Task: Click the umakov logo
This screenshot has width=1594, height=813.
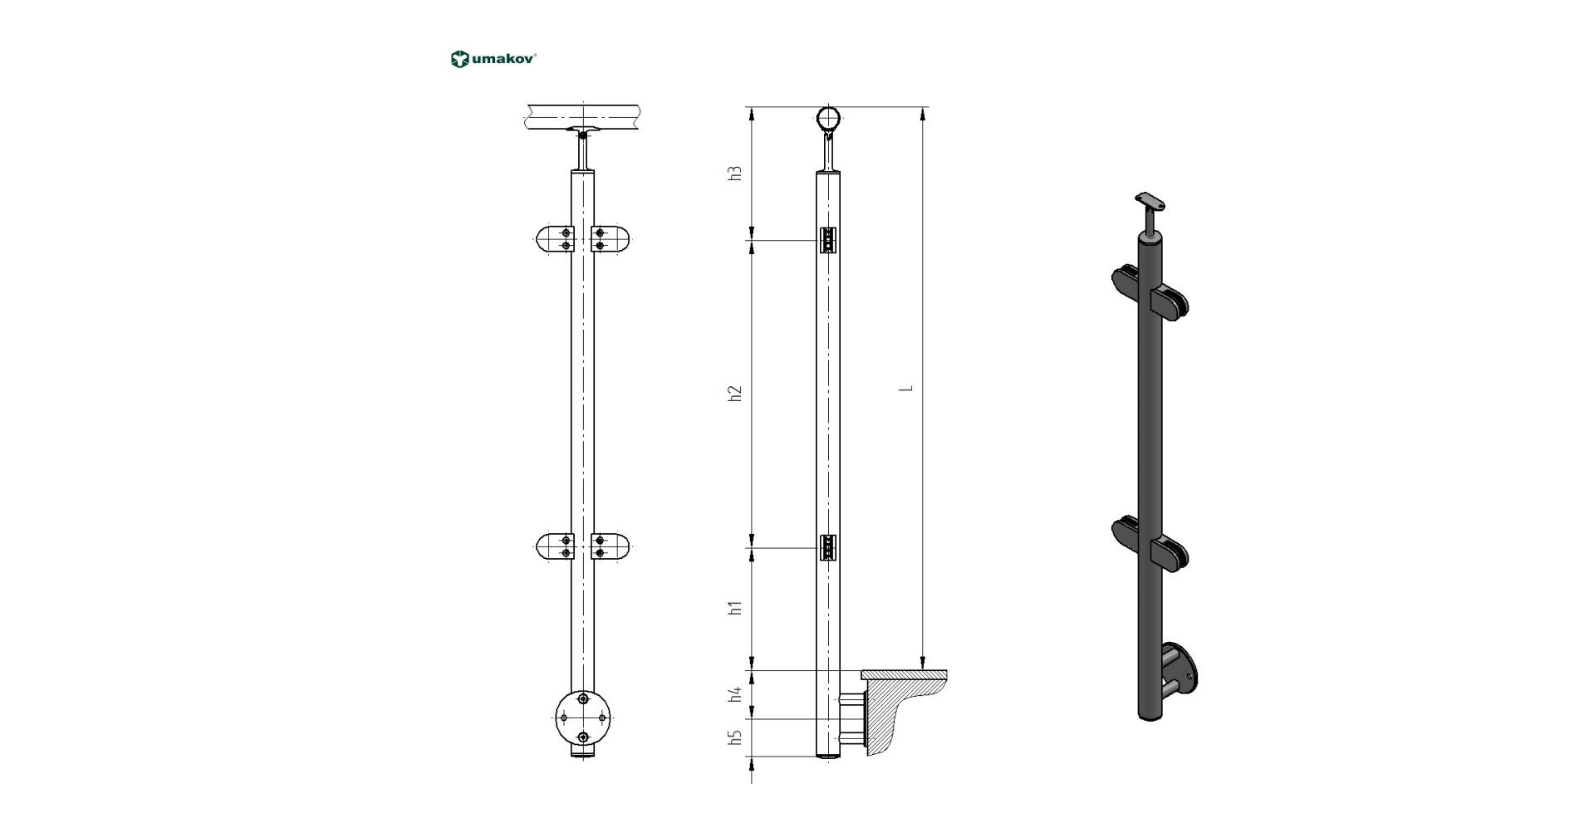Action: tap(493, 59)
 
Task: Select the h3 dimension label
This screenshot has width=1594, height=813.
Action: tap(734, 174)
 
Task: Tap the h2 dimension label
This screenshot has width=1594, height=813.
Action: tap(734, 394)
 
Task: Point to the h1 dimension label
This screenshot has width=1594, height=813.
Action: tap(734, 607)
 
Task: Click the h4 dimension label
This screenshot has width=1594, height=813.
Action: tap(734, 694)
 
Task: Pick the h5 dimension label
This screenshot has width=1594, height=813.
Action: tap(734, 737)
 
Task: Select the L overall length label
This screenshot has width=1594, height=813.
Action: tap(909, 388)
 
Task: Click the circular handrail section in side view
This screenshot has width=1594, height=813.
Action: tap(829, 119)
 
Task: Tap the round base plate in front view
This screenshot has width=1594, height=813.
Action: tap(582, 717)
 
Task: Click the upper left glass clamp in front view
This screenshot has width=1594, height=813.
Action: tap(555, 239)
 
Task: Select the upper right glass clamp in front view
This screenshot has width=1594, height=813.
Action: tap(610, 239)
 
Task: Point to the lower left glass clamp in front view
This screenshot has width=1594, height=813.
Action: tap(555, 546)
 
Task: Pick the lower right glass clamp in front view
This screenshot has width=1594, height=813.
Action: tap(610, 546)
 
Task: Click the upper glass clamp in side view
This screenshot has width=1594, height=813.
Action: tap(828, 240)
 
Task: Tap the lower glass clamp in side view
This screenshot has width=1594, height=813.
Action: tap(828, 547)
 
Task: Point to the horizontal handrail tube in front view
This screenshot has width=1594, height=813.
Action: tap(582, 116)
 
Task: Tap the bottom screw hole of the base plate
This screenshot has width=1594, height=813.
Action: tap(583, 737)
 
